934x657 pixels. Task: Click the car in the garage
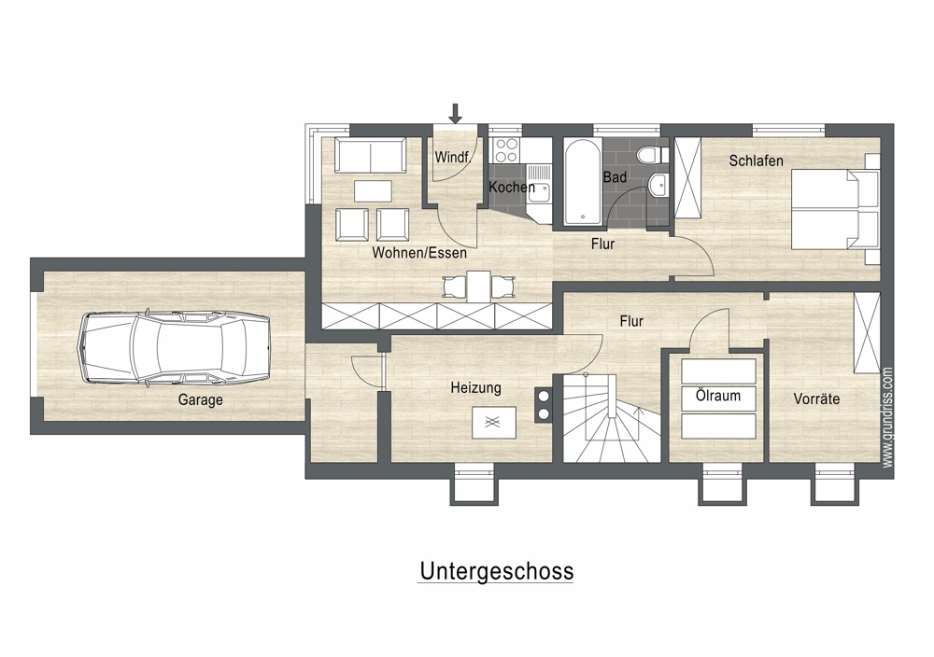tap(174, 347)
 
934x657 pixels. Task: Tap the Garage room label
tap(200, 400)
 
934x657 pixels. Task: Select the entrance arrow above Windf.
tap(455, 113)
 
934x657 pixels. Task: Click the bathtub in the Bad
tap(582, 181)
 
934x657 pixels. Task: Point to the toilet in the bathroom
tap(647, 154)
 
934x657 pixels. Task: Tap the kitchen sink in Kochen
tap(540, 183)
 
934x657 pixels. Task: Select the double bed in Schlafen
tap(835, 208)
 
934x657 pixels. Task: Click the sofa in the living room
tap(370, 155)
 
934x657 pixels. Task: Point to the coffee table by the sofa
tap(373, 191)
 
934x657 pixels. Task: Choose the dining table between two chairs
tap(478, 287)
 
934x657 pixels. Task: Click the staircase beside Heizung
tap(612, 418)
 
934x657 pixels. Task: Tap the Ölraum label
tap(717, 396)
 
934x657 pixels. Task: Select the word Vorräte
tap(816, 398)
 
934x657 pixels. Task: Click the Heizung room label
tap(475, 388)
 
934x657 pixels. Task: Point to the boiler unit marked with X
tap(494, 423)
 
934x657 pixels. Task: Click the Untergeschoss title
tap(496, 571)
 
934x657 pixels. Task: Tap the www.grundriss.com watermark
tap(887, 417)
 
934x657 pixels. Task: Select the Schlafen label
tap(756, 161)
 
